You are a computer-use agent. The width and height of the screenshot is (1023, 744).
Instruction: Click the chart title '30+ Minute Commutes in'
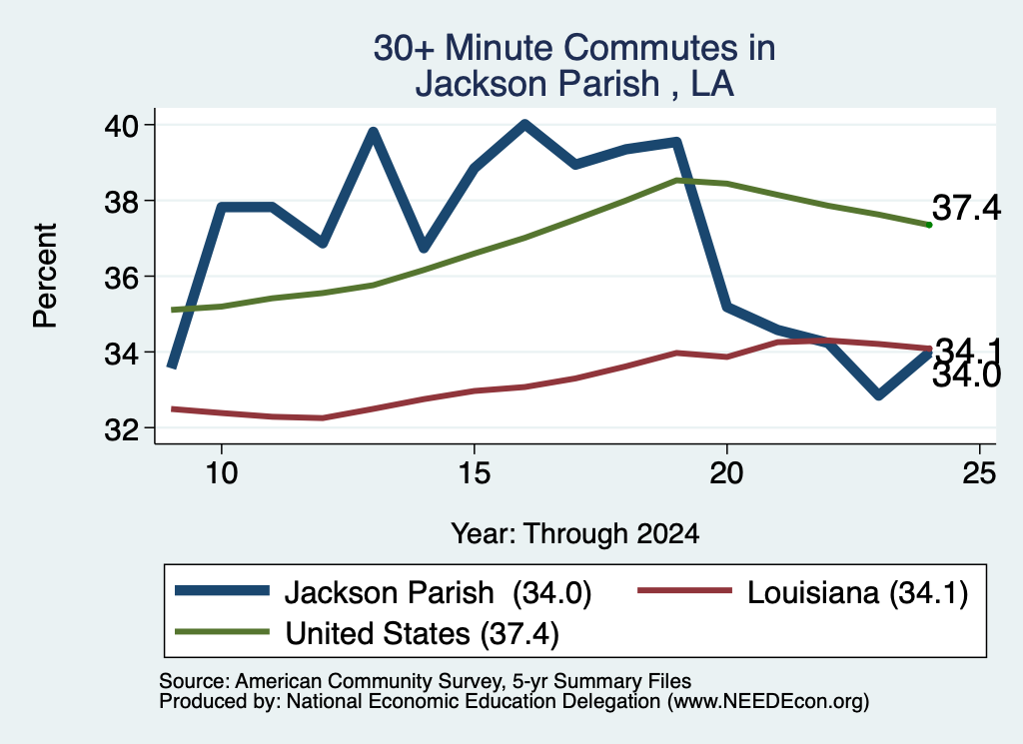[574, 48]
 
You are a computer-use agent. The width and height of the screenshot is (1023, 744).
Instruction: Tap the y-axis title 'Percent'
[45, 276]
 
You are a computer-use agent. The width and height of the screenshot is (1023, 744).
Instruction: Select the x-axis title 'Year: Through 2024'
[574, 533]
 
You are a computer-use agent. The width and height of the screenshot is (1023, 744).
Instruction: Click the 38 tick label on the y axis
[121, 201]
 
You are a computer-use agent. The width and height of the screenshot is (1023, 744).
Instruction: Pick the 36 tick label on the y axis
[121, 277]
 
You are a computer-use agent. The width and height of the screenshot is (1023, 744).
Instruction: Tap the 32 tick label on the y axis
[121, 428]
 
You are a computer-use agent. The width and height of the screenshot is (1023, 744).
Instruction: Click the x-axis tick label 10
[221, 472]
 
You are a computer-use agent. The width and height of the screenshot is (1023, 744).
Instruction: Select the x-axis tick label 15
[474, 472]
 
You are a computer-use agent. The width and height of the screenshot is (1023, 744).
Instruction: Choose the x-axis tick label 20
[726, 472]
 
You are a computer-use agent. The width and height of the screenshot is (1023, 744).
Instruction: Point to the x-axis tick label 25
[979, 472]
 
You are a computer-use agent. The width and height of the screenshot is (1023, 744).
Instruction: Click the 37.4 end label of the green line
[966, 208]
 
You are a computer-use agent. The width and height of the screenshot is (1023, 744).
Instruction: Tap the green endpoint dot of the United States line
[929, 225]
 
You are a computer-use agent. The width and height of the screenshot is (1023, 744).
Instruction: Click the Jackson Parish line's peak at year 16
[524, 124]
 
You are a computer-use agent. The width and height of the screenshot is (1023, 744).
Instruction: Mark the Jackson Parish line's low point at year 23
[879, 394]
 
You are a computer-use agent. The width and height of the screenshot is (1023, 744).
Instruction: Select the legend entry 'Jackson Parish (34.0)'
[384, 593]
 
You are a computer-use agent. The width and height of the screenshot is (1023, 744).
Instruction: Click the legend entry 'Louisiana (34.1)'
[803, 593]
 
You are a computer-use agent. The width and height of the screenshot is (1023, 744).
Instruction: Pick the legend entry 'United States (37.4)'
[368, 633]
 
